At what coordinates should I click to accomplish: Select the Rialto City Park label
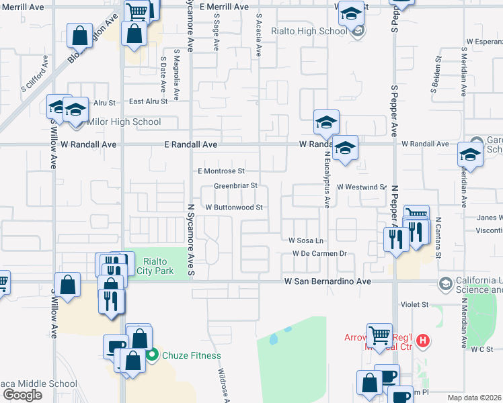pos(155,267)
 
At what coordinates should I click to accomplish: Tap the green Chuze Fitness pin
pos(153,355)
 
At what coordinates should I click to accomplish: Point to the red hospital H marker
pos(423,341)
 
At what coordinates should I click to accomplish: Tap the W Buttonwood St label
pos(234,208)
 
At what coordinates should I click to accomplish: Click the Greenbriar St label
pos(235,186)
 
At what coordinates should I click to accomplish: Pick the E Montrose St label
pos(221,171)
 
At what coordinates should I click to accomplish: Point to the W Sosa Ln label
pos(306,240)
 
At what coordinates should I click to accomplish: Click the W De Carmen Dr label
pos(319,253)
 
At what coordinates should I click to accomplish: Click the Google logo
pos(22,395)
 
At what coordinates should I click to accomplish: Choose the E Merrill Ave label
pos(223,7)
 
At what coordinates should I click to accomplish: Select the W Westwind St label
pos(361,187)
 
